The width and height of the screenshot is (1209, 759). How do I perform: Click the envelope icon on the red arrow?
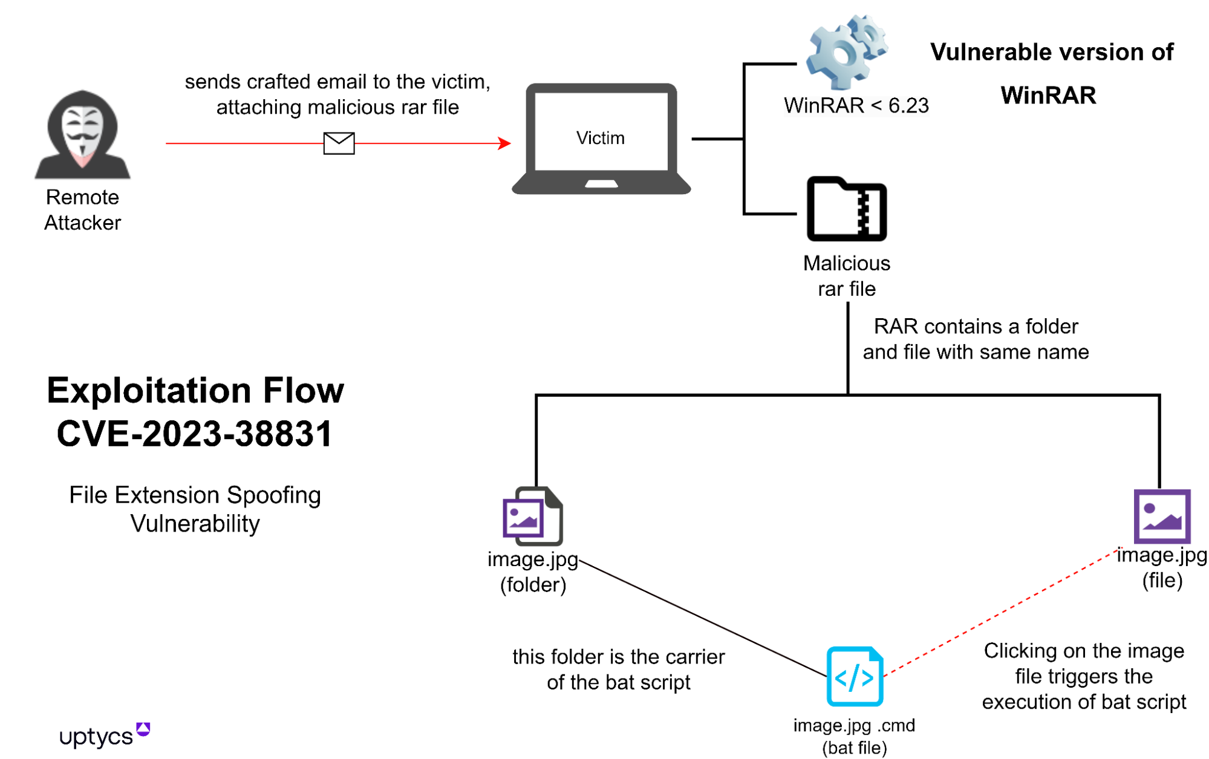pos(339,143)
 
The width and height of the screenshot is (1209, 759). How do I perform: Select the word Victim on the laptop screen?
pos(600,138)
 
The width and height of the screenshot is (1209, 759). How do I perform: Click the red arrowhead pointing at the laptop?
pos(504,143)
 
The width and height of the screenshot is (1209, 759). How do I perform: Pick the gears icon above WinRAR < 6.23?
pos(846,52)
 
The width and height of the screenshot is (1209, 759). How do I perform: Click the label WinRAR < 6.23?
pos(856,106)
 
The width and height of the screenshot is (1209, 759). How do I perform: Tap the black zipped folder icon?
pos(846,209)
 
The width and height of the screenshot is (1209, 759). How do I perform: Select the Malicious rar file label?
pos(846,276)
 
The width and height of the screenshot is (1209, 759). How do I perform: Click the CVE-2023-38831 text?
pos(195,434)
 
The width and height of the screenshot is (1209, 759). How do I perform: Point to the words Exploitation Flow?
pos(195,390)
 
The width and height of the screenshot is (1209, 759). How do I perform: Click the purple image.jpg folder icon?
pos(533,516)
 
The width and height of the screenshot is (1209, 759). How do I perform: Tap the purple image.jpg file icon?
pos(1161,516)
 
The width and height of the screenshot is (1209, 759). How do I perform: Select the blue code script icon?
pos(855,677)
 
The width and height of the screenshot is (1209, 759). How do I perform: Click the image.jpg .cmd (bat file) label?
pos(854,736)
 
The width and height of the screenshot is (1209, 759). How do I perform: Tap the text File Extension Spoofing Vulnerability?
pos(195,509)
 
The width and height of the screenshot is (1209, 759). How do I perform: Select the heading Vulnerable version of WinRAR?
pos(1051,73)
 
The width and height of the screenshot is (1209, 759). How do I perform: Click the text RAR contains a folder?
pos(975,327)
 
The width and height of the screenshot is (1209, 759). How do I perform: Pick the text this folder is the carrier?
pos(618,657)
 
